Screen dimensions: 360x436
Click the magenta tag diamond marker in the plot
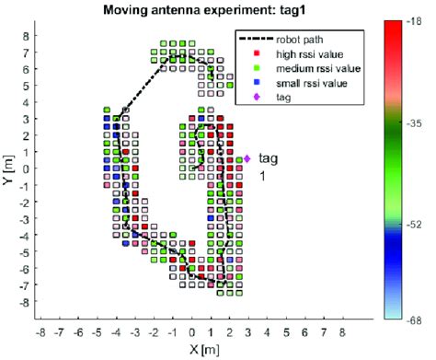pyautogui.click(x=247, y=159)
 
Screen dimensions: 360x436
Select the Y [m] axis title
pyautogui.click(x=8, y=169)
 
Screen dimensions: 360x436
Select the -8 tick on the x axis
pyautogui.click(x=40, y=329)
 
